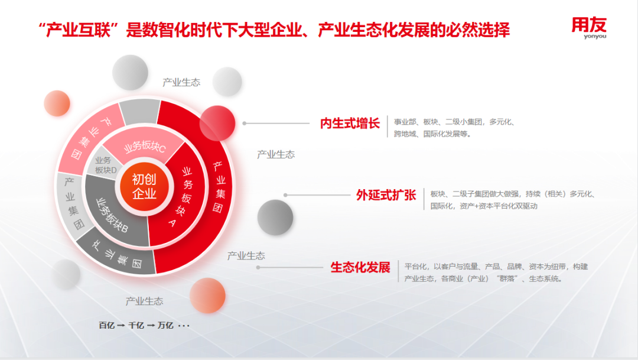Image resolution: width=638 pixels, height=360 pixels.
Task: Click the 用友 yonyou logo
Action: click(x=589, y=28)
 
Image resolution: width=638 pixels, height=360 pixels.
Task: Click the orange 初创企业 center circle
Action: click(x=145, y=187)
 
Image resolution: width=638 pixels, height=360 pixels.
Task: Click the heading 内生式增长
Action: click(x=350, y=123)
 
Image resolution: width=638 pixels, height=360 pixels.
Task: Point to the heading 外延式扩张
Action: click(x=386, y=195)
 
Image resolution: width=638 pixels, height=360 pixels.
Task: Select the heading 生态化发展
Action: click(x=360, y=267)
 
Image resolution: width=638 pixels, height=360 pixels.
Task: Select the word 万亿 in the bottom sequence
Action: click(x=165, y=325)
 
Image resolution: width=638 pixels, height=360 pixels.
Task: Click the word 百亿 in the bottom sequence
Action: click(x=106, y=325)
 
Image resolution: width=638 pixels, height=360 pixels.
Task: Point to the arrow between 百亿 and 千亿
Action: click(x=121, y=326)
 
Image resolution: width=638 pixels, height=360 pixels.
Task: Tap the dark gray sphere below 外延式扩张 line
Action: click(x=275, y=218)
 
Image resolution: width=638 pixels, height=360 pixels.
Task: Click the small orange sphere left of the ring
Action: click(x=57, y=103)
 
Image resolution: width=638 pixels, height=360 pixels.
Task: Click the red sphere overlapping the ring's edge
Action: click(x=217, y=124)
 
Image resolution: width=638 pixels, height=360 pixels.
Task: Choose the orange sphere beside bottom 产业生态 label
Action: click(x=207, y=296)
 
